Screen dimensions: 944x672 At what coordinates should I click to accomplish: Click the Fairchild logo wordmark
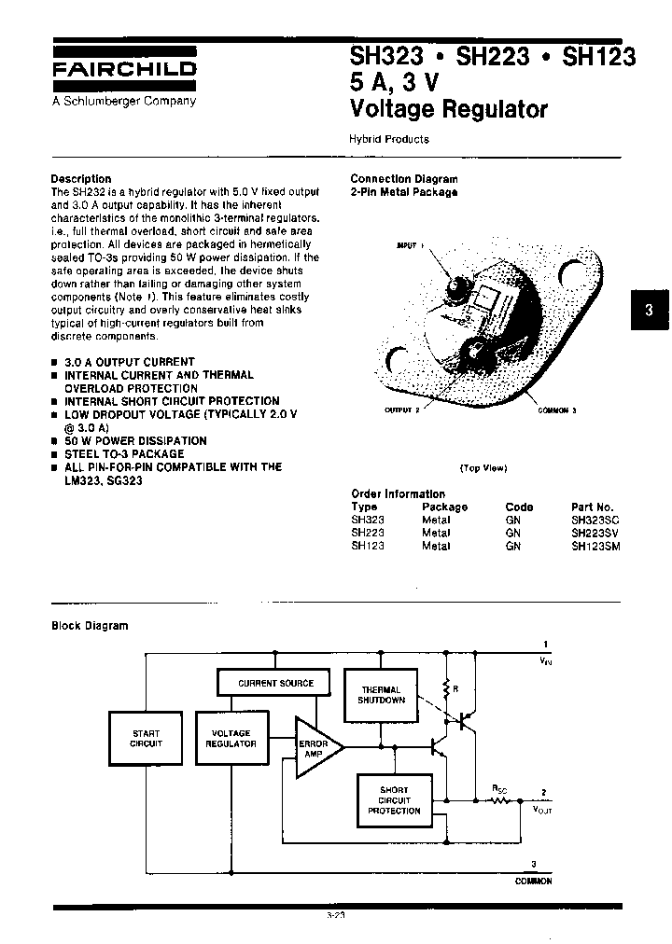pyautogui.click(x=123, y=69)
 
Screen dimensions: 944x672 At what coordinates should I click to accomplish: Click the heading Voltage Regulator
pyautogui.click(x=448, y=109)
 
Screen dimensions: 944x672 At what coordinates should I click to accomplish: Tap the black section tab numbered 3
pyautogui.click(x=649, y=312)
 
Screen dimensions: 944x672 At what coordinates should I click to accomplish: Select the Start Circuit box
pyautogui.click(x=146, y=739)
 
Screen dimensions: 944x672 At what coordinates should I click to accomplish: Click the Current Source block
pyautogui.click(x=275, y=683)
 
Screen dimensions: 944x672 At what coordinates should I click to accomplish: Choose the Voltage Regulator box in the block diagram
pyautogui.click(x=231, y=739)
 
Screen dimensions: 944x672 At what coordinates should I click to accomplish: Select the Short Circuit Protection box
pyautogui.click(x=394, y=800)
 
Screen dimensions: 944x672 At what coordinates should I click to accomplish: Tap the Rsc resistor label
pyautogui.click(x=500, y=788)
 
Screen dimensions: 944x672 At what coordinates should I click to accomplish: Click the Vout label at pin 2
pyautogui.click(x=542, y=811)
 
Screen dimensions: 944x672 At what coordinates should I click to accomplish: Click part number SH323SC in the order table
pyautogui.click(x=595, y=520)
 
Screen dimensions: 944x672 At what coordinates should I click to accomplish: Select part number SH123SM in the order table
pyautogui.click(x=595, y=546)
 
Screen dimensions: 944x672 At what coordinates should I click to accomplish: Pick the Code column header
pyautogui.click(x=519, y=507)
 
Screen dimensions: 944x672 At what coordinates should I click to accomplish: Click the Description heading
pyautogui.click(x=81, y=178)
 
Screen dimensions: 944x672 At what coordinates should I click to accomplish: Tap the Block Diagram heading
pyautogui.click(x=90, y=626)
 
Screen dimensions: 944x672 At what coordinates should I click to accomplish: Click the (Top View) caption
pyautogui.click(x=483, y=468)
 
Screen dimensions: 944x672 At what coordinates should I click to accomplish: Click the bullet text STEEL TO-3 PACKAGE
pyautogui.click(x=124, y=453)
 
